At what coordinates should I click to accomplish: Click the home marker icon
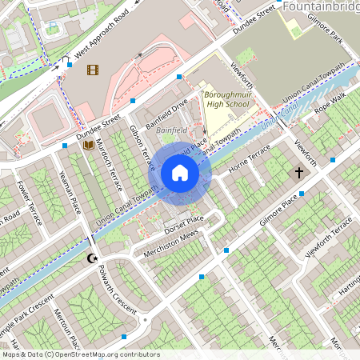pyautogui.click(x=180, y=173)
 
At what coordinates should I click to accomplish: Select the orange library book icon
pyautogui.click(x=88, y=146)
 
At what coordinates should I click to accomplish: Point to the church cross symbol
pyautogui.click(x=300, y=172)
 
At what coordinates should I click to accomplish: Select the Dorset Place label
pyautogui.click(x=186, y=218)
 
